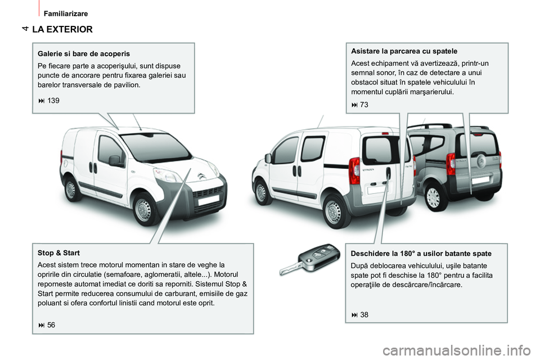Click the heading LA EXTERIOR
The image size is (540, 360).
[x=62, y=29]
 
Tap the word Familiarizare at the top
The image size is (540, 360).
[x=66, y=12]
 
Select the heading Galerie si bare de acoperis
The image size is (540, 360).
[x=84, y=53]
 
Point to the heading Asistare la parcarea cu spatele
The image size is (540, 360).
[x=404, y=51]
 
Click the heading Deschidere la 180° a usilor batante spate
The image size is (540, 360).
[x=421, y=253]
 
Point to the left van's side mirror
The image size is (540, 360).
[x=116, y=161]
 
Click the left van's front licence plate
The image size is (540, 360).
[x=209, y=200]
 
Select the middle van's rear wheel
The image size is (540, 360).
[x=333, y=212]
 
